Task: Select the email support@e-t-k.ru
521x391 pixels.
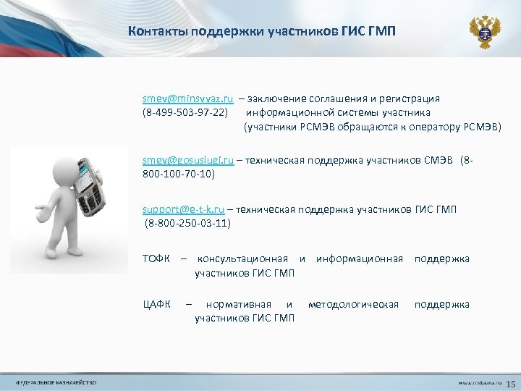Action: pos(184,209)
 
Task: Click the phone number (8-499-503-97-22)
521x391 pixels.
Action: pos(185,112)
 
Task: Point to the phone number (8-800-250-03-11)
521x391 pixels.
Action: pos(187,223)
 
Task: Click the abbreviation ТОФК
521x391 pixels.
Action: pos(157,258)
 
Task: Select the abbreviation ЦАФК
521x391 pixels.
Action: pos(157,304)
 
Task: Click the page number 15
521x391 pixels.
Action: pos(510,382)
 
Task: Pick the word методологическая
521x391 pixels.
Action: pos(353,304)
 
